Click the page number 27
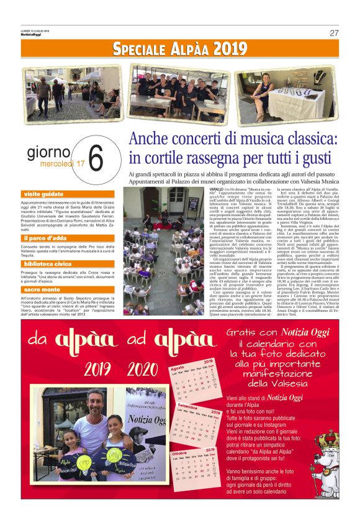click(334, 33)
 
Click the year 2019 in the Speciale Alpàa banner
click(224, 49)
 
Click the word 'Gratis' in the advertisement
click(241, 334)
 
